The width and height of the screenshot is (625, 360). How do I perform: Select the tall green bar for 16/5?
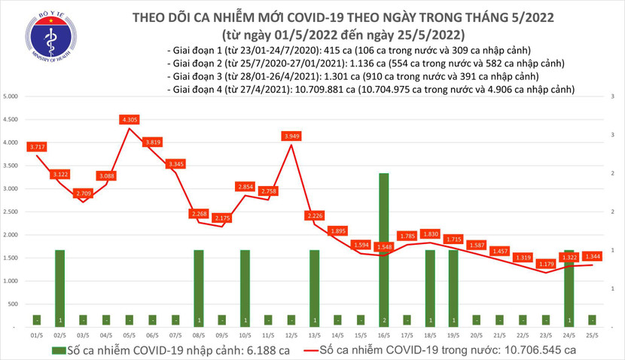(x=383, y=249)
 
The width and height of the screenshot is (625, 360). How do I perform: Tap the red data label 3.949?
(x=291, y=136)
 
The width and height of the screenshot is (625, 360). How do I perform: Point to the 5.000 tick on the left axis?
(x=11, y=96)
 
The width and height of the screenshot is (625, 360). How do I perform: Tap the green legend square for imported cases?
(x=57, y=350)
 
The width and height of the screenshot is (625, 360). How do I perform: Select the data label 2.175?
(x=222, y=218)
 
